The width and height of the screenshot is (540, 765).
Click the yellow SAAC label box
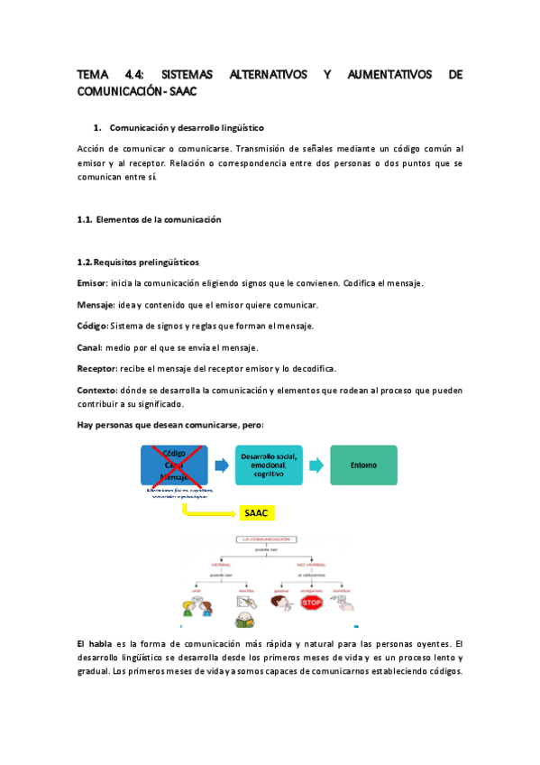pyautogui.click(x=257, y=513)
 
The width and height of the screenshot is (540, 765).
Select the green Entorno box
pyautogui.click(x=363, y=465)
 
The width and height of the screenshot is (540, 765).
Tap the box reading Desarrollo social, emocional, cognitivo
pyautogui.click(x=269, y=465)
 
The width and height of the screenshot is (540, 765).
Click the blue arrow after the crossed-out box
pyautogui.click(x=222, y=465)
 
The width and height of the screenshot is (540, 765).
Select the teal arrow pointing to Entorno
pyautogui.click(x=316, y=465)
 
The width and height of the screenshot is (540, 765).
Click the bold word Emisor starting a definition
pyautogui.click(x=92, y=283)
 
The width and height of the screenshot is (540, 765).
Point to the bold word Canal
pyautogui.click(x=89, y=347)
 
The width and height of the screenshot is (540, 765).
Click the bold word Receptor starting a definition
pyautogui.click(x=96, y=369)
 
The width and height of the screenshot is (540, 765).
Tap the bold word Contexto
pyautogui.click(x=97, y=391)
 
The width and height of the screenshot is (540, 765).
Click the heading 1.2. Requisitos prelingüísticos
pyautogui.click(x=138, y=262)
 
